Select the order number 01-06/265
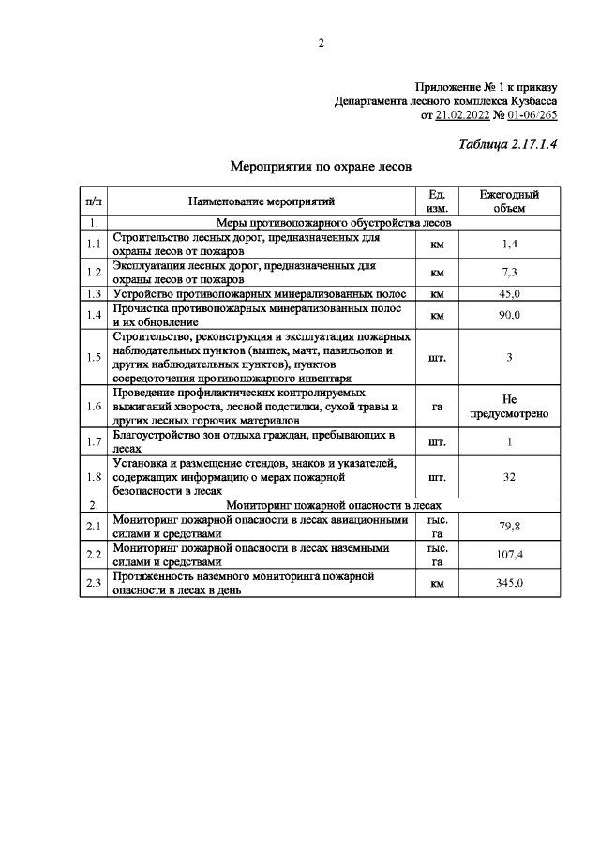coord(532,115)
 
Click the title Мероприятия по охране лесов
coord(321,167)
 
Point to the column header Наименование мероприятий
coord(261,201)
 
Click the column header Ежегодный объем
coord(509,201)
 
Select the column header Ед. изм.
coord(436,201)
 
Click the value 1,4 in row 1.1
coord(509,245)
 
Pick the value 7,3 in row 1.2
coord(509,272)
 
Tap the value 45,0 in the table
coord(509,293)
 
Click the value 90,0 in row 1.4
coord(509,315)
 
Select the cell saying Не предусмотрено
coord(509,407)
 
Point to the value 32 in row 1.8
coord(509,476)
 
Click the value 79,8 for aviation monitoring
coord(509,527)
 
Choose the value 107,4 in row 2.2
coord(509,554)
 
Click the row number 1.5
coord(93,357)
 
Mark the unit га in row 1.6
coord(436,407)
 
